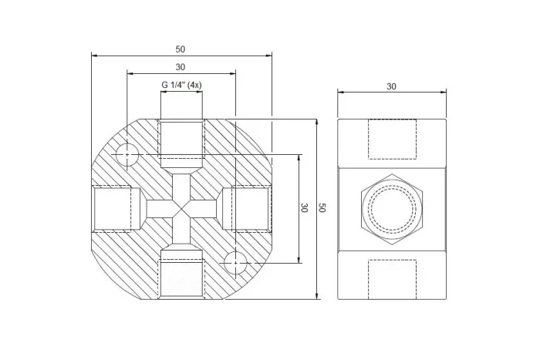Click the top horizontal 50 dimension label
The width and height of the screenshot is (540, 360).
[180, 49]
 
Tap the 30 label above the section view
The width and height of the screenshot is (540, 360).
[180, 67]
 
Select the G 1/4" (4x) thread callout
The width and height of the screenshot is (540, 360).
[181, 85]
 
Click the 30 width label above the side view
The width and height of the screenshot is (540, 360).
[391, 86]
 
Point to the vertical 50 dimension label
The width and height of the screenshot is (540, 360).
[322, 208]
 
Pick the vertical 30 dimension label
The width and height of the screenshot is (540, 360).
[304, 208]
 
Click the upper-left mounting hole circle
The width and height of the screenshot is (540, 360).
[127, 154]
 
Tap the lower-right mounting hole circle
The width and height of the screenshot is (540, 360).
[235, 263]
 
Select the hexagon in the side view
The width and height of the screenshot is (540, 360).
[392, 209]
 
